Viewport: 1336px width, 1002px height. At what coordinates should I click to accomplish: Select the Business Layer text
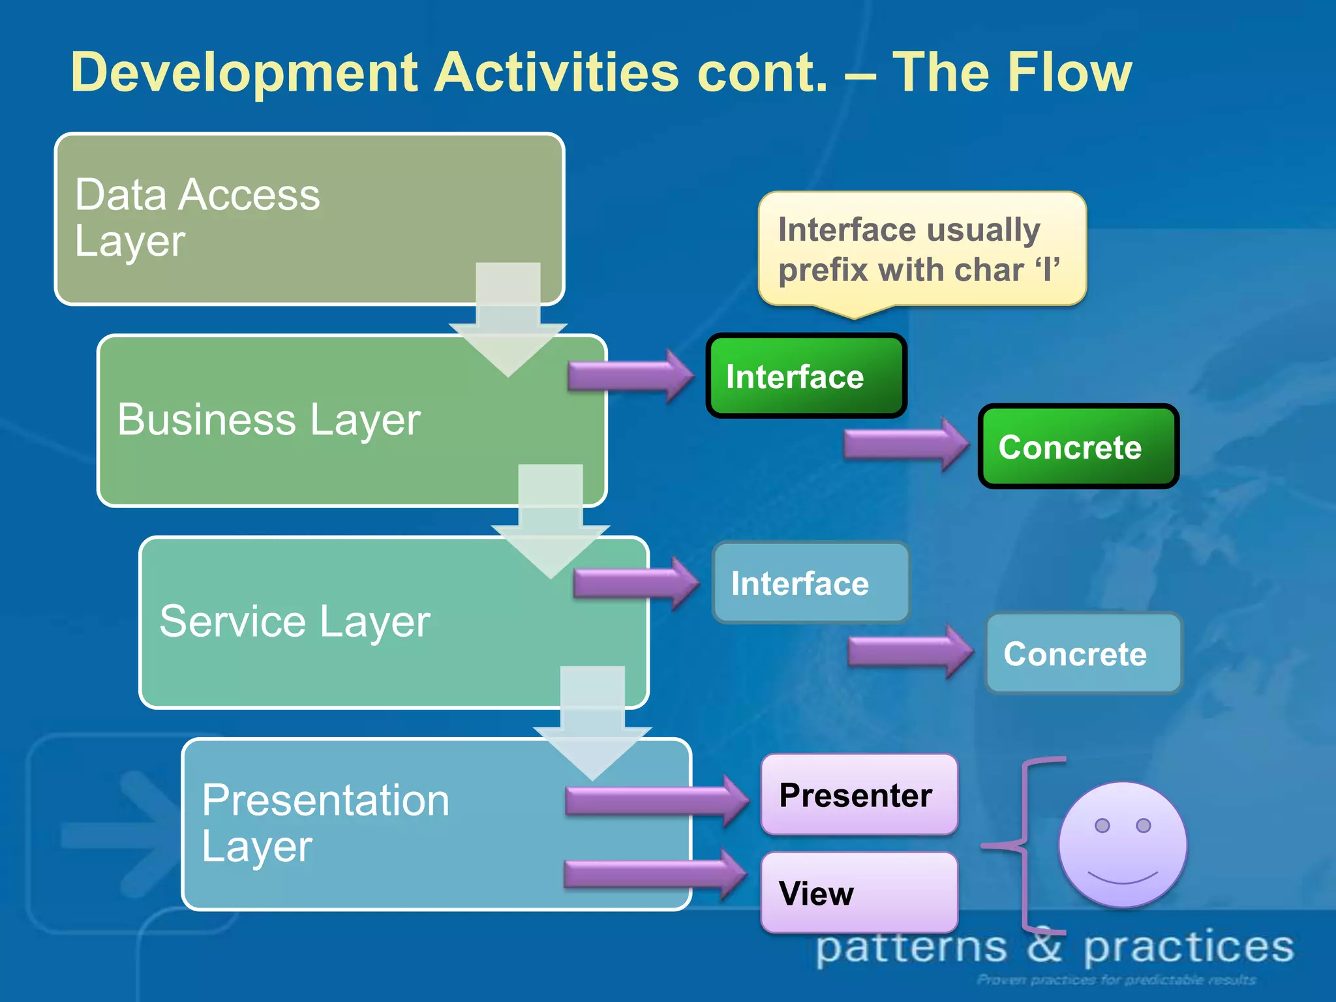coord(269,419)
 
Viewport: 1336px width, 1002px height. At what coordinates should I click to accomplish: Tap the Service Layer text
coord(294,621)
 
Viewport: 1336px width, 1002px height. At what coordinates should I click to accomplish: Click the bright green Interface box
coord(806,376)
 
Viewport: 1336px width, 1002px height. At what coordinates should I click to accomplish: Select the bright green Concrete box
coord(1078,447)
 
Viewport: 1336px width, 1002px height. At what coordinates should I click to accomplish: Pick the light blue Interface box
coord(811,583)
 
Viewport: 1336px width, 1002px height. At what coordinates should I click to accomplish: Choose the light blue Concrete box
coord(1083,653)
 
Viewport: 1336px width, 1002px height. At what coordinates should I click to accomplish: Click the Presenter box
coord(858,795)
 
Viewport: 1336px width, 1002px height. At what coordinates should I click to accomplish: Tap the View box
coord(858,892)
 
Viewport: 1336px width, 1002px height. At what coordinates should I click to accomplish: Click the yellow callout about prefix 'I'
coord(921,249)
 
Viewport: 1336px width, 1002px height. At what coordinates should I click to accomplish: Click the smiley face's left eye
coord(1102,825)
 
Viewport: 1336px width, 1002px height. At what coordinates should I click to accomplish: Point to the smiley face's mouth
coord(1123,877)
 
